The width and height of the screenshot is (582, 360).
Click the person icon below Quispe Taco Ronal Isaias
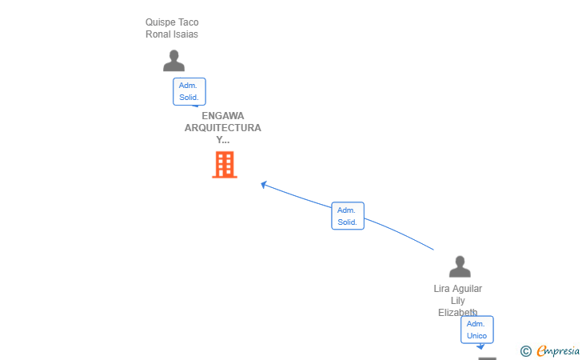point(173,60)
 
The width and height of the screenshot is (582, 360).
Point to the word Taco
point(188,22)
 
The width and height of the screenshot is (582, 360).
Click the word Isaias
point(185,34)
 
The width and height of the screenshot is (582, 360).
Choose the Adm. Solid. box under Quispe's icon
point(189,91)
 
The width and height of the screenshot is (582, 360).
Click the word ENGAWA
point(223,116)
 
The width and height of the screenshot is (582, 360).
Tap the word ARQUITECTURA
point(223,128)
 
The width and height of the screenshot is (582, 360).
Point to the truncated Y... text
point(223,140)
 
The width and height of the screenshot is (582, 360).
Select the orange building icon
point(225,165)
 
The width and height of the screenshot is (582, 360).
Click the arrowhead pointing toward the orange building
point(264,184)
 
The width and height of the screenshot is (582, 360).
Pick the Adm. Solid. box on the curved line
point(348,216)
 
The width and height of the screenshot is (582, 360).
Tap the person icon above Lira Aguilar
point(460,266)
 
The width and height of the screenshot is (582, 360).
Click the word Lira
point(441,289)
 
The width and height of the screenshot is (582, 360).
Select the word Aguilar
point(467,289)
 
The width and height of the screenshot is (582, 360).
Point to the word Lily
point(457,301)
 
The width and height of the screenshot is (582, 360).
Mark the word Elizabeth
point(457,313)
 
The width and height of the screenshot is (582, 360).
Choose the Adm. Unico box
point(477,330)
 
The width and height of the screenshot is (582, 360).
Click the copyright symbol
point(525,351)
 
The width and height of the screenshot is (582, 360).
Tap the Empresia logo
point(558,350)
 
